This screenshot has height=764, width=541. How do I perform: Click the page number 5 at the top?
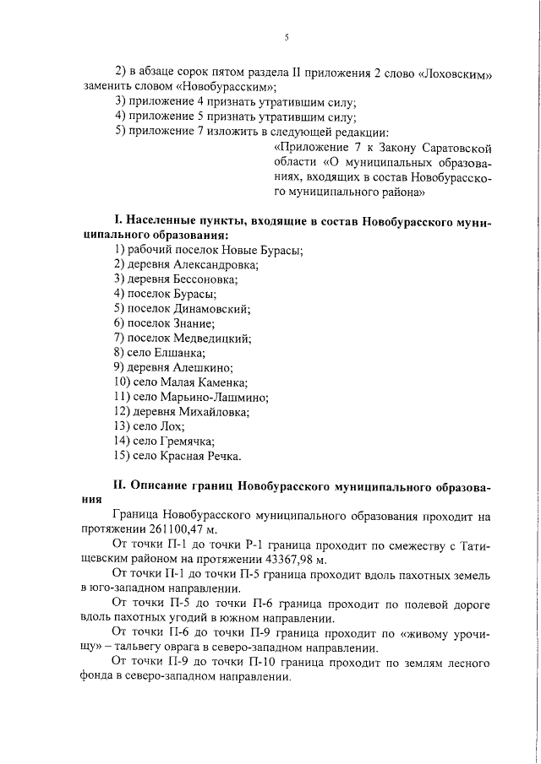287,37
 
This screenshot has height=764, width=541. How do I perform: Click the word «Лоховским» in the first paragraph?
455,73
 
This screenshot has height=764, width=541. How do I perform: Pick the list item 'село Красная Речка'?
180,456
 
